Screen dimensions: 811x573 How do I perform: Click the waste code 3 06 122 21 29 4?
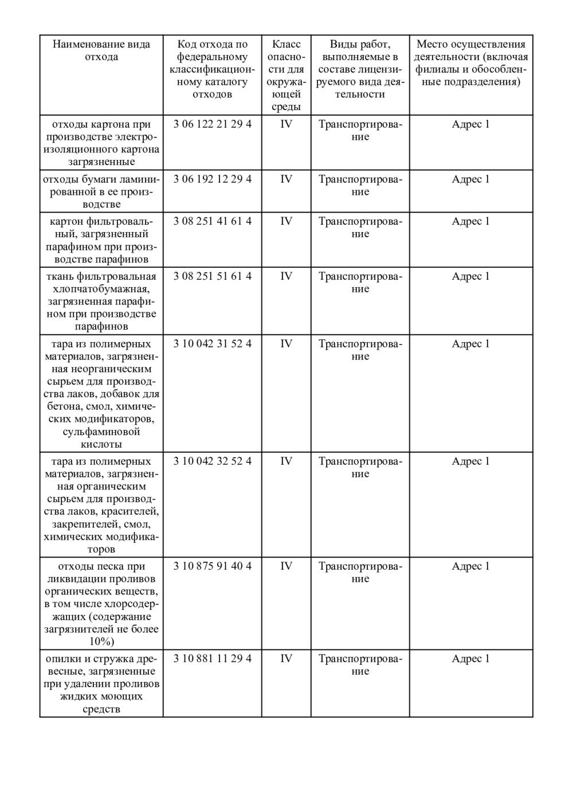pos(212,124)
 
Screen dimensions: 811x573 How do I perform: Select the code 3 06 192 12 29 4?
pos(212,179)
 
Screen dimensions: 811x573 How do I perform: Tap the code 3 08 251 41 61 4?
pos(212,221)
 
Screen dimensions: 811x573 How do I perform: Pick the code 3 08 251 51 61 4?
pos(212,276)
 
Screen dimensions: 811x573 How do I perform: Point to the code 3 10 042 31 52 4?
pos(212,344)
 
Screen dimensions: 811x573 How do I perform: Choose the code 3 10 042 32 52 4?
pos(212,461)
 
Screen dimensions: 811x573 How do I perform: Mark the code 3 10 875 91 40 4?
pos(212,566)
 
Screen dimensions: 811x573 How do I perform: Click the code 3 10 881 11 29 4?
pos(212,659)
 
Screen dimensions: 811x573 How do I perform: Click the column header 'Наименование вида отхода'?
pos(101,50)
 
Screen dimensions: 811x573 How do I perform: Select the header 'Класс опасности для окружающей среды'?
pos(286,75)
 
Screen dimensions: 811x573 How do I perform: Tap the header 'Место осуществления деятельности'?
pos(470,63)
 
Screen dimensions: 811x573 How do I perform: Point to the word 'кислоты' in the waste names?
pos(101,444)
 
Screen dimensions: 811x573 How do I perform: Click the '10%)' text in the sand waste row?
pos(101,641)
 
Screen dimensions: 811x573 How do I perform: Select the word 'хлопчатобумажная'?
pos(101,289)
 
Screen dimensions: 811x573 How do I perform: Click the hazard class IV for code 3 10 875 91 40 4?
pos(286,566)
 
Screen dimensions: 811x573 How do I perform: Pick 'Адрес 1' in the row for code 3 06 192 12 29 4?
pos(470,179)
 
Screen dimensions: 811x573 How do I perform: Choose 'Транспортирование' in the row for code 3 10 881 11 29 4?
pos(360,665)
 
